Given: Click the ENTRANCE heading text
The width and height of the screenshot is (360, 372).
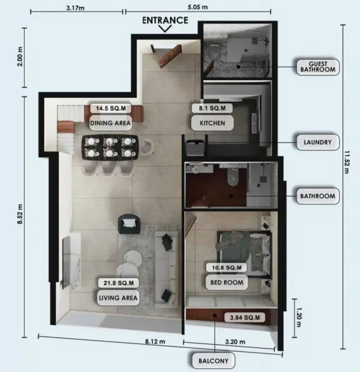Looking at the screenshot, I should pos(164,19).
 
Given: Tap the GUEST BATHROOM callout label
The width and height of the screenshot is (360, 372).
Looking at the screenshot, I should pos(317,66).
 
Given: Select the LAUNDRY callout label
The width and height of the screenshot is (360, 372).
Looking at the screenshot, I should pos(317,142).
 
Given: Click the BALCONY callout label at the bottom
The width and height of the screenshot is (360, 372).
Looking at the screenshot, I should pos(214,360).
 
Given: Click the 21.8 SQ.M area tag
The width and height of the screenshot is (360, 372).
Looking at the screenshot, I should pos(118,283).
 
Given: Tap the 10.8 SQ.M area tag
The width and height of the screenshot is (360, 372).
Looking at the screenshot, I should pos(226,267).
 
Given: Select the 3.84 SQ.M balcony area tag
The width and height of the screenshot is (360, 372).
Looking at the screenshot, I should pos(244,317).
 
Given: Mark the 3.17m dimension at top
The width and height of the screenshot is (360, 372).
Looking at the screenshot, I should pos(76,9).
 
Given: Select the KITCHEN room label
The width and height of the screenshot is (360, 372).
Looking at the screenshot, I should pos(212,123).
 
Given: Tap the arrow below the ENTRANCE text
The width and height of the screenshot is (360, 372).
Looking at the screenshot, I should pos(165,28).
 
